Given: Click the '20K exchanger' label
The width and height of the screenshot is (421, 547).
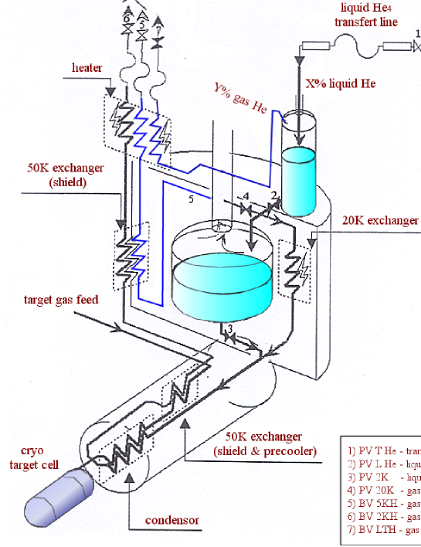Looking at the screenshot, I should coord(380,220).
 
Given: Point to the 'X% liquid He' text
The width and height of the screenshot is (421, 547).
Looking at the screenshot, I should coord(341,83).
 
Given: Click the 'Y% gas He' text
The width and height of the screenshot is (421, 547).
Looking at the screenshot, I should coord(241,99).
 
